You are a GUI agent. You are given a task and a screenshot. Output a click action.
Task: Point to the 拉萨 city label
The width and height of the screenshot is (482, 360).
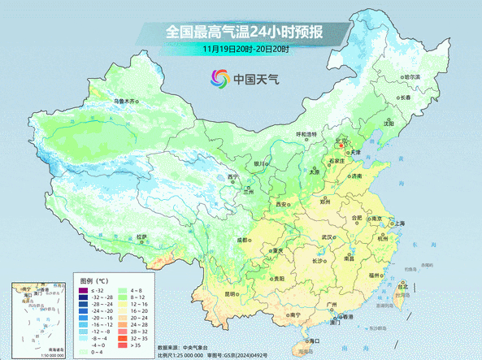click(x=143, y=237)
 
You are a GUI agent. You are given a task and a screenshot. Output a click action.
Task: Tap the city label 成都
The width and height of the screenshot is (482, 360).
click(x=241, y=241)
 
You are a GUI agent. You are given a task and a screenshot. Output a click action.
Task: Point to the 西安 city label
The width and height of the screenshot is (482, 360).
click(x=282, y=204)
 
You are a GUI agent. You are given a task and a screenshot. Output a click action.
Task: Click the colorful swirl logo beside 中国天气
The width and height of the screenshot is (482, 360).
click(x=219, y=79)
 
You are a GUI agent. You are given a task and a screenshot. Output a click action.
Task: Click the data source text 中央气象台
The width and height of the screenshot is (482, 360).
click(x=194, y=347)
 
